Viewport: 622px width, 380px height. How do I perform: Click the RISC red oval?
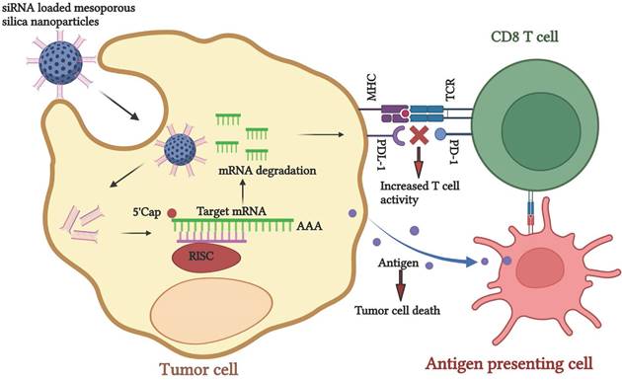coord(206,258)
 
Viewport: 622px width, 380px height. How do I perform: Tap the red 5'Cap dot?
coord(172,213)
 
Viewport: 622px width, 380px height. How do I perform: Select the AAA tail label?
coord(309,226)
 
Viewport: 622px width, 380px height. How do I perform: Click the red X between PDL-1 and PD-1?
coord(418,135)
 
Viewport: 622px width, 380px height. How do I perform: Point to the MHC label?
coord(371,87)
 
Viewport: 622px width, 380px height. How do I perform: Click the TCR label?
coord(450,90)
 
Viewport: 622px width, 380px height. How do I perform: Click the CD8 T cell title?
coord(524,37)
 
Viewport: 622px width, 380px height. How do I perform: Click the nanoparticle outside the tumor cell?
coord(60,63)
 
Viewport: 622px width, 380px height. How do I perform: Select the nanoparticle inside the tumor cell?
coord(180,150)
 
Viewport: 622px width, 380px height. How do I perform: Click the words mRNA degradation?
coord(268,171)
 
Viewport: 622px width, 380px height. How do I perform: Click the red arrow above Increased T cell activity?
coord(418,162)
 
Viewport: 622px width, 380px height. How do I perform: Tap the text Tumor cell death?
coord(397,310)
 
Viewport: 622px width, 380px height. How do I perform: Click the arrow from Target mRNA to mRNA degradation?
coord(243,192)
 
